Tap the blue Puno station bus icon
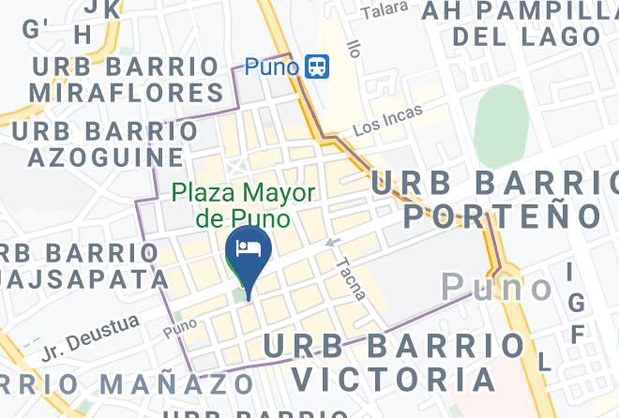(317, 67)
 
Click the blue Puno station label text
(272, 67)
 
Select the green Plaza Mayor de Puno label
(243, 205)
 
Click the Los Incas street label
(387, 120)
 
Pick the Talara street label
(385, 10)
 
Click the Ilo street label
(354, 47)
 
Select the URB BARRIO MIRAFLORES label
(126, 80)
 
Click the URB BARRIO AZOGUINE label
(104, 143)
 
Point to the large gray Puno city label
(497, 287)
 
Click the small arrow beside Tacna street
(331, 243)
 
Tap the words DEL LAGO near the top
(525, 37)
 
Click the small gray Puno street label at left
(180, 331)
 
